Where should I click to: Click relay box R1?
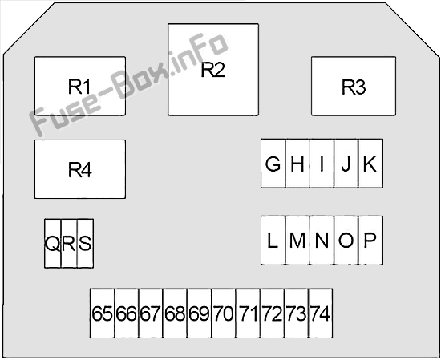click(80, 86)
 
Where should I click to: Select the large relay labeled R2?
click(213, 70)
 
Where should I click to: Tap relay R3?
click(354, 86)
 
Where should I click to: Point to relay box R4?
click(80, 169)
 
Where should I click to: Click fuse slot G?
click(273, 164)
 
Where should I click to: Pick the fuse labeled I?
click(322, 164)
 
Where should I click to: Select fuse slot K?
click(370, 164)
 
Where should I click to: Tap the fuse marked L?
click(273, 241)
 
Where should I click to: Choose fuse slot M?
click(297, 241)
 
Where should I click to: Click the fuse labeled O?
click(346, 241)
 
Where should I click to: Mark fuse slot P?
click(370, 241)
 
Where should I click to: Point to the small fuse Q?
click(53, 244)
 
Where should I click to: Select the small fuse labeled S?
click(86, 244)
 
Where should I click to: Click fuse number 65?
click(102, 313)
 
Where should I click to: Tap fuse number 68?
click(175, 313)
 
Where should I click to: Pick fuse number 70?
click(224, 313)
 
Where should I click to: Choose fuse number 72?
click(272, 313)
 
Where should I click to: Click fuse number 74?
click(321, 313)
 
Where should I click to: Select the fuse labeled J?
click(346, 164)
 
